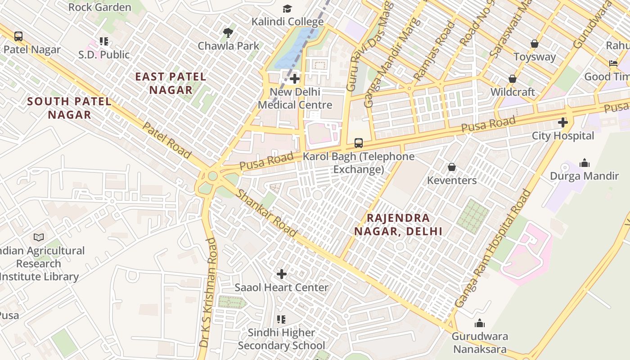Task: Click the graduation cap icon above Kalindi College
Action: point(287,9)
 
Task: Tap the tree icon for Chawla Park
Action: point(228,32)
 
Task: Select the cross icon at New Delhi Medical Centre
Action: point(295,79)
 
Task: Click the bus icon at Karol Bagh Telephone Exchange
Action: point(358,143)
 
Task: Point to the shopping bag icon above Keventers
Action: point(452,167)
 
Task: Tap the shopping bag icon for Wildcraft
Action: point(512,79)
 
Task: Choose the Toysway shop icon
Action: point(535,44)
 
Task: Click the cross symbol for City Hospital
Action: point(562,122)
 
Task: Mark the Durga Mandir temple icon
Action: point(584,162)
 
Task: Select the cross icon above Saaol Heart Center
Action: point(282,274)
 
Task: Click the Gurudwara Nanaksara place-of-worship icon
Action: point(480,323)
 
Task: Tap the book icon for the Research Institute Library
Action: point(39,237)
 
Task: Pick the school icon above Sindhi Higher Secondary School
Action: point(281,319)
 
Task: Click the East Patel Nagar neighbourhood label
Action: point(171,83)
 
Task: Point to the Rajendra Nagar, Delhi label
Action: point(398,225)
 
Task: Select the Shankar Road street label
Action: point(267,213)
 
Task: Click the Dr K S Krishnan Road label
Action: point(208,292)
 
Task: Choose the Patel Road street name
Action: point(166,140)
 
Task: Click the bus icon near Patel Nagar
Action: point(18,36)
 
